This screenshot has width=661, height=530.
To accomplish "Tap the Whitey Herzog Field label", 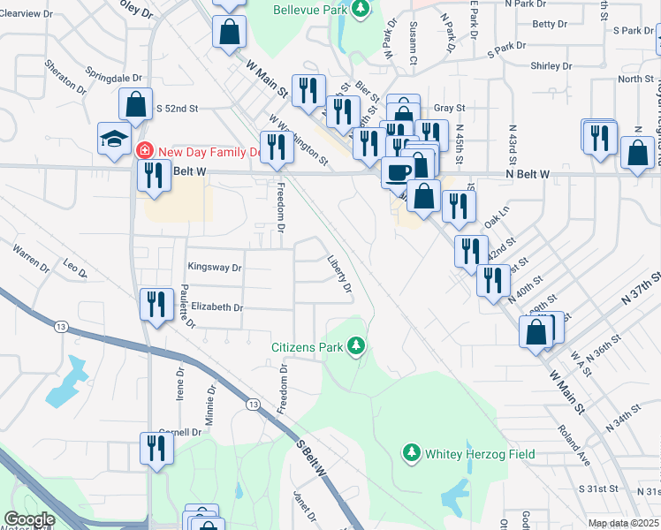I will [480, 454].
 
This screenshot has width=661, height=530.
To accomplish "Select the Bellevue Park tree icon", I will [360, 9].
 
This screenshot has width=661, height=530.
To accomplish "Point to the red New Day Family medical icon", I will [145, 151].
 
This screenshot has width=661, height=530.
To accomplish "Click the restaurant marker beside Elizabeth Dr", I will [156, 305].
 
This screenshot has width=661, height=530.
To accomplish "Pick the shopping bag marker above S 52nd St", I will [136, 103].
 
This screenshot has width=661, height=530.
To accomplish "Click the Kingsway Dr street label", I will [214, 267].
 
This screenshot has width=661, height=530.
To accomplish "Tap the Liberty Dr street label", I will [339, 276].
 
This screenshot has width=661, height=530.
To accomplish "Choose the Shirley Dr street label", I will [553, 66].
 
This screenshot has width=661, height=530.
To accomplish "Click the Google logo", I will [28, 519].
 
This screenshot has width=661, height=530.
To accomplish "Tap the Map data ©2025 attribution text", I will [623, 524].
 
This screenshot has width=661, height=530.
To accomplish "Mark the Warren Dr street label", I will [31, 258].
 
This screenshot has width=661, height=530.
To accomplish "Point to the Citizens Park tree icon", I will [356, 345].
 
